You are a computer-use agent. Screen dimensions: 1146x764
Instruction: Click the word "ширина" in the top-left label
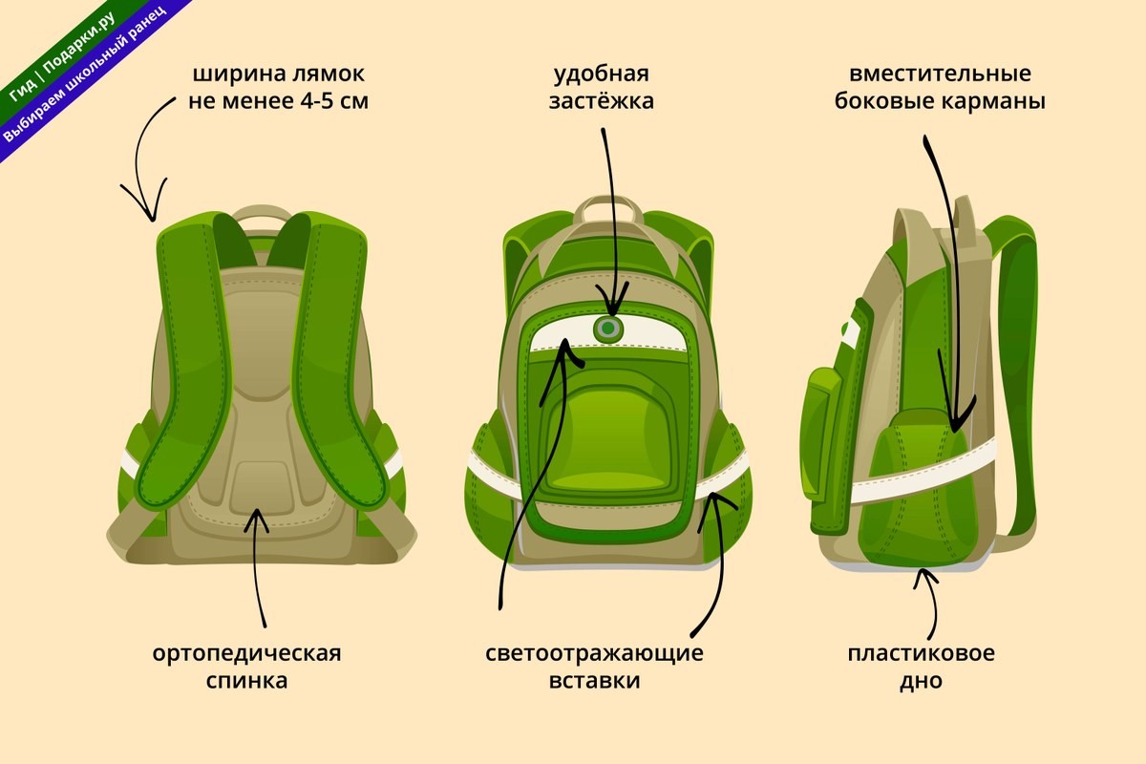[239, 75]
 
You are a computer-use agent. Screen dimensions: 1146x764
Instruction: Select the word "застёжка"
[602, 101]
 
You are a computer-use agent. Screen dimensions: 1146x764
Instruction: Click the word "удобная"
[602, 75]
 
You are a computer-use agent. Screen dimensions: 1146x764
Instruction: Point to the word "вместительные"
[940, 74]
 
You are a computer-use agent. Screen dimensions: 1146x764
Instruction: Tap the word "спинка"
[246, 682]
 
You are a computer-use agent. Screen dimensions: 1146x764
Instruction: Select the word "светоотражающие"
[594, 654]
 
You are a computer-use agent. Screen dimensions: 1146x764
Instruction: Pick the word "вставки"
[594, 682]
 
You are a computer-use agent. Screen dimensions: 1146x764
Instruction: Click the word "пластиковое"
[921, 654]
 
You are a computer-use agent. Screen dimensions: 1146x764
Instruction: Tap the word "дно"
[921, 682]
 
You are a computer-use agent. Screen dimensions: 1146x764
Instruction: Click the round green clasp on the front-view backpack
[608, 329]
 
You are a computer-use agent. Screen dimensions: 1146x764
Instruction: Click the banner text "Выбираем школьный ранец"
[83, 75]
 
